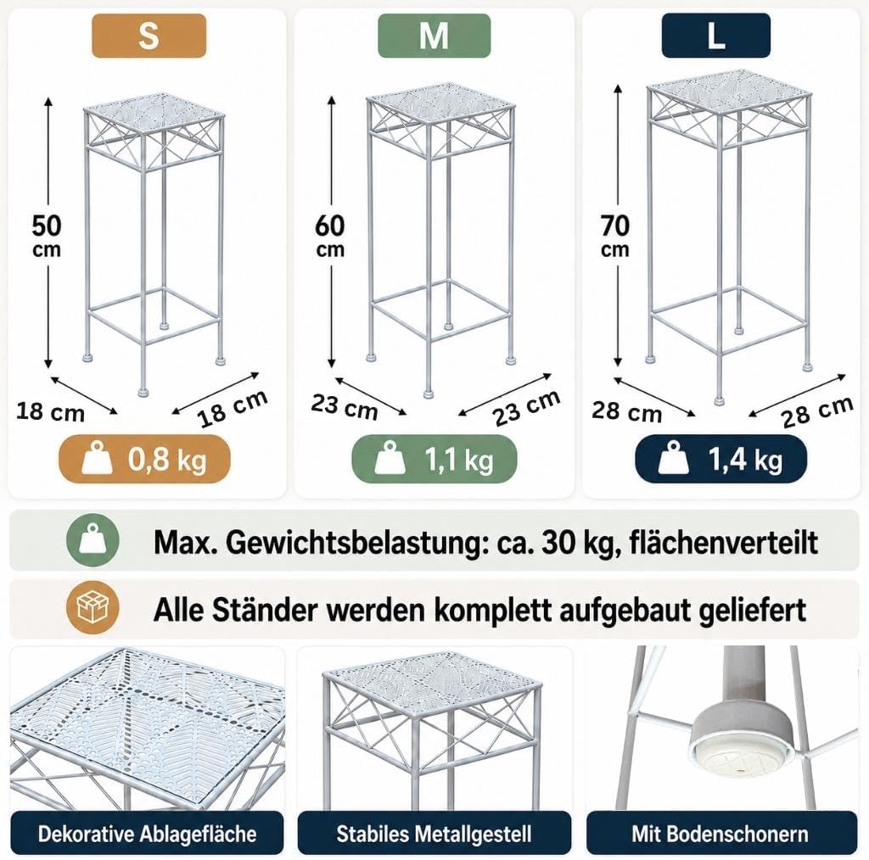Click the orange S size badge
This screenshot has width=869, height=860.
coord(149,36)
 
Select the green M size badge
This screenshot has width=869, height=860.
coord(434,36)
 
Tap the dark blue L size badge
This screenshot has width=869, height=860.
coord(716,36)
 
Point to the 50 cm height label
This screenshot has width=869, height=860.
coord(47,235)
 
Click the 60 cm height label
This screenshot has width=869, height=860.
coord(330,235)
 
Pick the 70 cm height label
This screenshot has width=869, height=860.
coord(615,235)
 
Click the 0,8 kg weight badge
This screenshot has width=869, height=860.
coord(144,459)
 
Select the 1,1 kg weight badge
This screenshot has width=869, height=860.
coord(434,459)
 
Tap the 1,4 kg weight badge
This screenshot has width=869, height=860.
coord(721,459)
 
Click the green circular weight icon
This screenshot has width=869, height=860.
coord(93,541)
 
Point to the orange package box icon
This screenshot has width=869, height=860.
coord(93,608)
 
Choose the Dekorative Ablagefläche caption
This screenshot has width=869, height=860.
coord(147,834)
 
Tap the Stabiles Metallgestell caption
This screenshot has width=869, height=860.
coord(434,834)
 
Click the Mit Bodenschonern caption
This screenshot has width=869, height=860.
coord(721,834)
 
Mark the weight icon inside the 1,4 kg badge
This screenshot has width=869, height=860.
coord(673,458)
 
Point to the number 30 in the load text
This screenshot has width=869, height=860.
coord(557,544)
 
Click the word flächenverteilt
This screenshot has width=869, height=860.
coord(724,544)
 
